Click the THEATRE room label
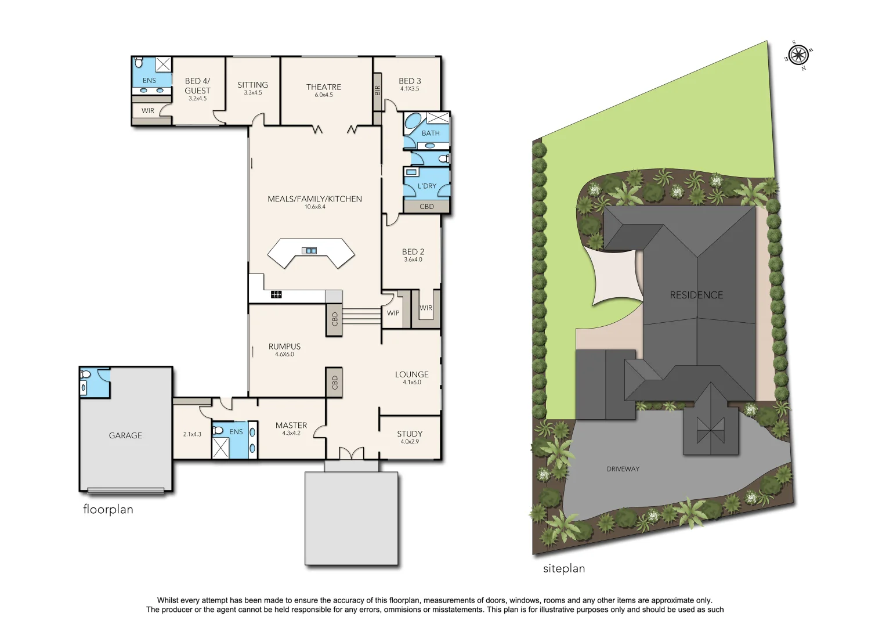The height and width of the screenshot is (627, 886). click(x=324, y=87)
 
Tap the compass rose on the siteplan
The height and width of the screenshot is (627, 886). click(x=798, y=56)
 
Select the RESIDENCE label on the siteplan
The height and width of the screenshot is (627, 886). click(x=696, y=295)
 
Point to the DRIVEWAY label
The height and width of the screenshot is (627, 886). click(x=623, y=469)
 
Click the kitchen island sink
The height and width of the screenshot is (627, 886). click(x=310, y=251)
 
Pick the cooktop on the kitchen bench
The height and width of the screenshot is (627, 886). click(x=276, y=295)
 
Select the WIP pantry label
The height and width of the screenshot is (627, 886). click(x=393, y=313)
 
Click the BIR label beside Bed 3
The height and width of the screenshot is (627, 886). click(x=377, y=91)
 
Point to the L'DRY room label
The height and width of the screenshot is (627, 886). click(x=426, y=186)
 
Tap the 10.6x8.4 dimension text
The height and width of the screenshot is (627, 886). click(x=314, y=207)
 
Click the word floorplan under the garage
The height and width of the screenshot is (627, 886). click(x=108, y=509)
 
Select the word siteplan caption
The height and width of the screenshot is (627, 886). click(x=563, y=568)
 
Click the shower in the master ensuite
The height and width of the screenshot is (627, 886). click(x=220, y=448)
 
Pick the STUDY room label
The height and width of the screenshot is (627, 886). click(x=410, y=434)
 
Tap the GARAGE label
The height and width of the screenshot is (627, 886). click(x=125, y=435)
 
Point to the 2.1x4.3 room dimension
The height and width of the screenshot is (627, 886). click(x=192, y=434)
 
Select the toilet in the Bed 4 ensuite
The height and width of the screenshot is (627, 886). click(x=139, y=62)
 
